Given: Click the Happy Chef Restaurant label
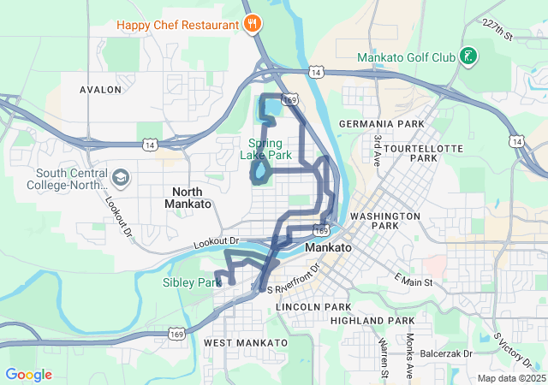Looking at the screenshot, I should coord(178,25).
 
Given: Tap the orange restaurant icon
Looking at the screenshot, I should coord(252,24).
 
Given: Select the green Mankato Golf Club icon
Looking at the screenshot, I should coord(468,57).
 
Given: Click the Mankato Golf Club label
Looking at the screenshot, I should coord(406,58).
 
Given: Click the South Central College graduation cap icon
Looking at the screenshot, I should coord(121,177).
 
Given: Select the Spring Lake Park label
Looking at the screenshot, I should coord(270,149).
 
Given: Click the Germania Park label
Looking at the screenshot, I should coord(381,124).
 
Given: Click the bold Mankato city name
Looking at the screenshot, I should coord(328,247).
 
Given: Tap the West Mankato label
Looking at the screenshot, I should coord(245,342).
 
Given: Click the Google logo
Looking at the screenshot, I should coord(28,375).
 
